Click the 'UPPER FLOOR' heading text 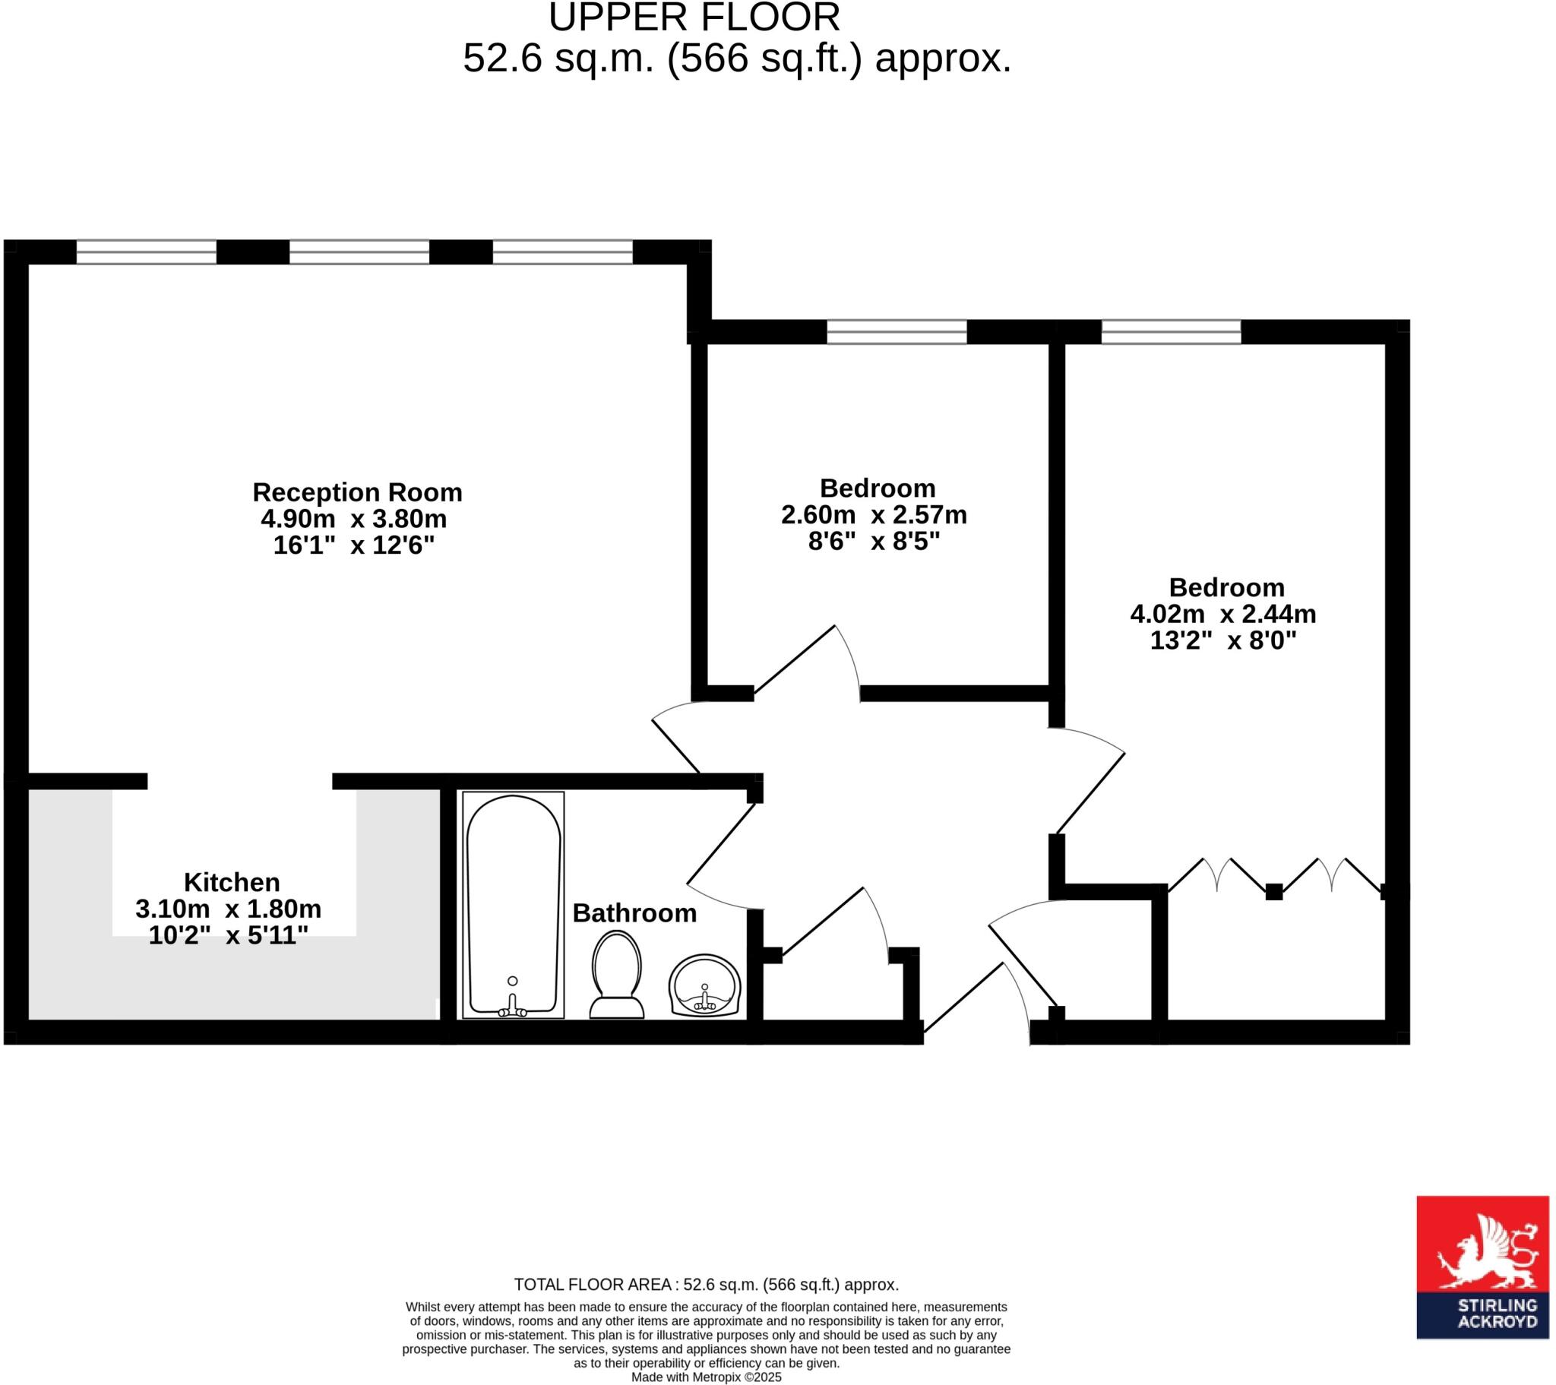(694, 17)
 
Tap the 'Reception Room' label (357, 492)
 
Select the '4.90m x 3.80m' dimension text (354, 519)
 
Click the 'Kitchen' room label (232, 883)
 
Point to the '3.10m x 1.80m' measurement (229, 909)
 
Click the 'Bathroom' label (634, 913)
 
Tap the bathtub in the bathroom (513, 904)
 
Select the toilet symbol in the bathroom (617, 976)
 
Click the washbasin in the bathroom (704, 986)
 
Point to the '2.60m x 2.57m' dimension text (874, 515)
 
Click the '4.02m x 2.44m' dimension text (1223, 615)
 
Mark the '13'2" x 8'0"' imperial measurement (1223, 641)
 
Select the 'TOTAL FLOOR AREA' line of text (707, 1285)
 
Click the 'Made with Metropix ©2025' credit (707, 1377)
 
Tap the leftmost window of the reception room (146, 252)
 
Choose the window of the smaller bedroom (897, 332)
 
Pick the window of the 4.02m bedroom (1171, 332)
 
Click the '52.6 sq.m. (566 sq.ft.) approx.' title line (737, 58)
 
